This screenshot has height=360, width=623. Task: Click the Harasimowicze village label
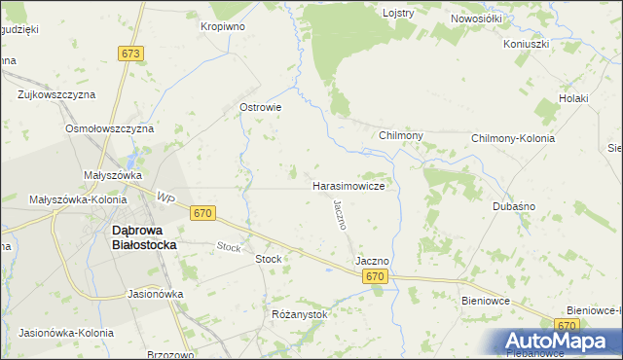pyautogui.click(x=353, y=185)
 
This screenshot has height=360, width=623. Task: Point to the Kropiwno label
pyautogui.click(x=223, y=26)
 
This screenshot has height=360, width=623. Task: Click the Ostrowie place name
pyautogui.click(x=261, y=107)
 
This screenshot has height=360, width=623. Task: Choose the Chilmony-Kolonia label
pyautogui.click(x=512, y=138)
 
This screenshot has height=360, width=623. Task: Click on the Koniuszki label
pyautogui.click(x=527, y=45)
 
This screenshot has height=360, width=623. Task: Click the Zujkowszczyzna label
pyautogui.click(x=56, y=95)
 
